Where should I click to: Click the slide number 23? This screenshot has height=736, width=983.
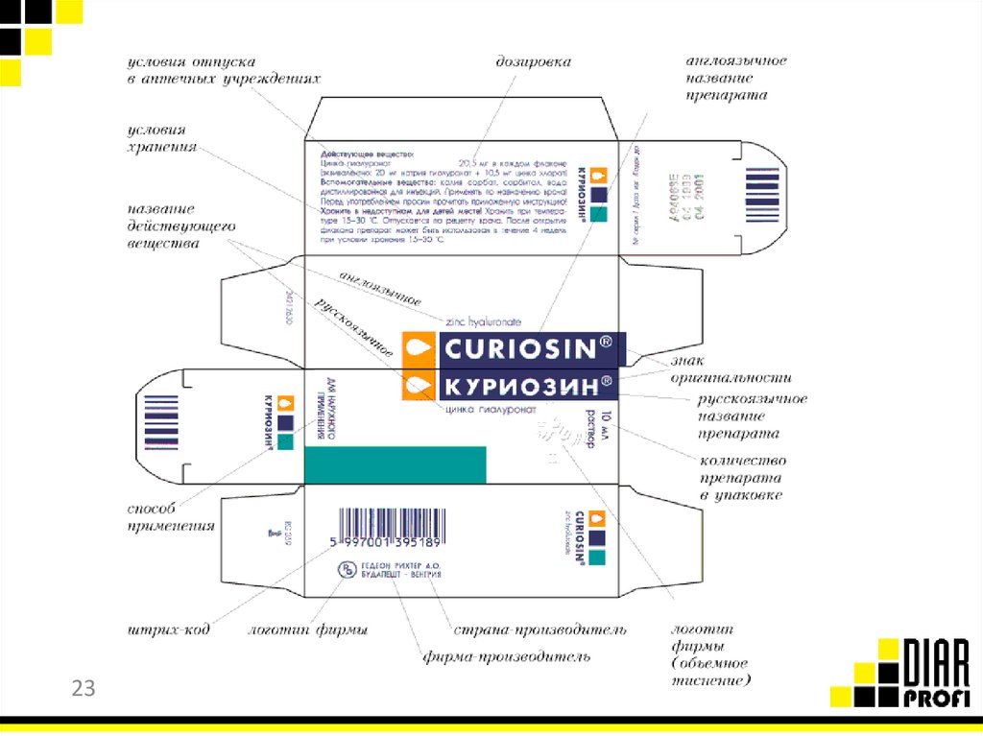click(x=84, y=688)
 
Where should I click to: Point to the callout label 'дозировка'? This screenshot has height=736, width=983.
click(x=533, y=62)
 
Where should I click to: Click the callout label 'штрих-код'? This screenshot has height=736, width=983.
click(x=168, y=631)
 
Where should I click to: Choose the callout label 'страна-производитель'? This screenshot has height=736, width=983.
click(x=539, y=629)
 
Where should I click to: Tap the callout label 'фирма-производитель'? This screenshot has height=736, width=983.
click(x=506, y=657)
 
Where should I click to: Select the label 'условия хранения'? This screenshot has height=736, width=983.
click(x=162, y=138)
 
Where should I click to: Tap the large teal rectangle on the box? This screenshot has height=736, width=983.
click(x=395, y=464)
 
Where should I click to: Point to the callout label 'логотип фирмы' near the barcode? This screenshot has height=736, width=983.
click(x=308, y=630)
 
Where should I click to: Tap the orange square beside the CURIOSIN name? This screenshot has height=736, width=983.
click(x=419, y=348)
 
